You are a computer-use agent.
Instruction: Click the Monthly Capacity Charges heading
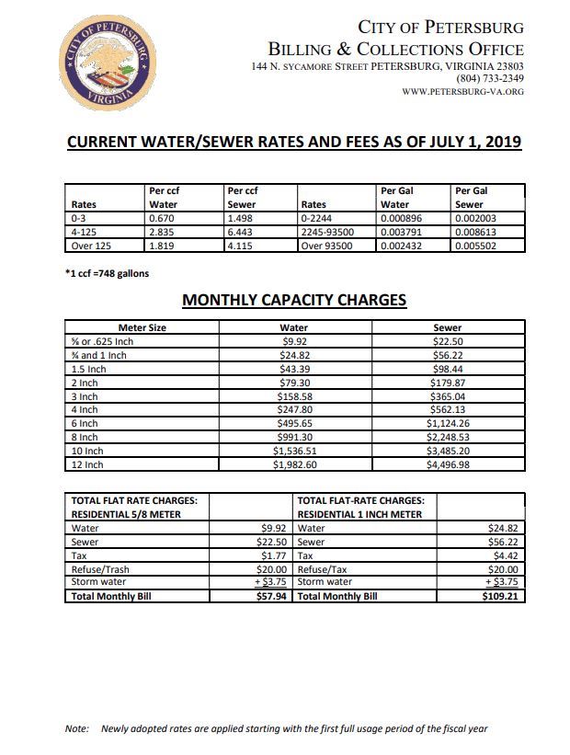[294, 300]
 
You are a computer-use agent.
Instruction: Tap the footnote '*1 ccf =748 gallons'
[107, 273]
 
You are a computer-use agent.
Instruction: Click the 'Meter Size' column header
[142, 327]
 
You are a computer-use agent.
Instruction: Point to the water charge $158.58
[294, 396]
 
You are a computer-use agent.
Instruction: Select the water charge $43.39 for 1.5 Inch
[294, 369]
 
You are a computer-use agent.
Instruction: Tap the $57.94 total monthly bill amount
[274, 596]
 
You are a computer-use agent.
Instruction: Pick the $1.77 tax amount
[277, 555]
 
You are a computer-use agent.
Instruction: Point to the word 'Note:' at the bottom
[76, 728]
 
